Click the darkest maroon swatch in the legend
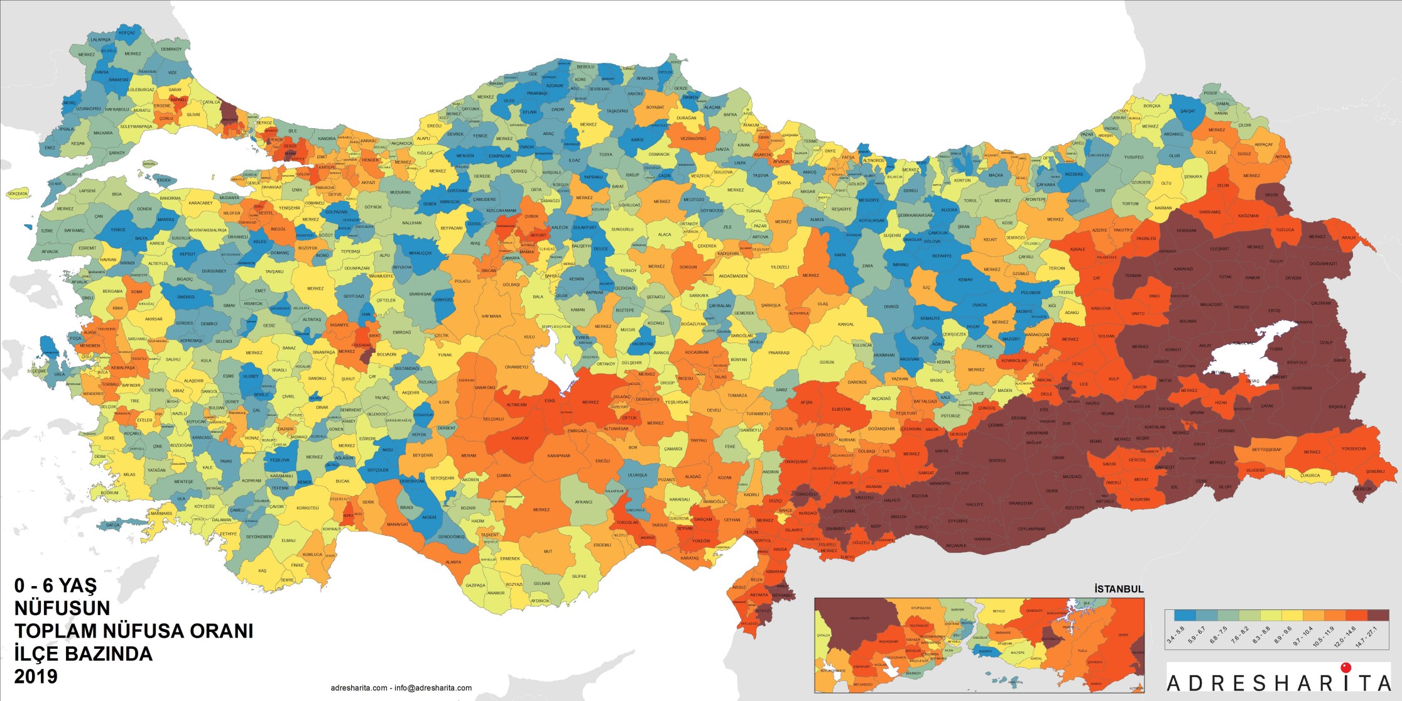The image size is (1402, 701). tap(1378, 615)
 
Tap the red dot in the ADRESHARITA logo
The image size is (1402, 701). tap(1345, 668)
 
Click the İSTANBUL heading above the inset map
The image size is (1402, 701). tap(1119, 589)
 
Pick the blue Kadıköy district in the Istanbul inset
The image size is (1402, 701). tap(985, 651)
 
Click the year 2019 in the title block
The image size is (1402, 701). tap(36, 677)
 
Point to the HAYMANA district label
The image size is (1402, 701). tap(491, 317)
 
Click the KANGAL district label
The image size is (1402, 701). tap(846, 324)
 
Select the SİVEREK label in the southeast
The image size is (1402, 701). tap(997, 460)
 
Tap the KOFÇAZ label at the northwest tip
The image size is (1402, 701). tap(127, 33)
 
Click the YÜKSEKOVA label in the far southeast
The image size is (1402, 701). tap(1354, 448)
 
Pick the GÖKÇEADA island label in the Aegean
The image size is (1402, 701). tap(18, 194)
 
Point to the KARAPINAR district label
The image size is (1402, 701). tap(558, 455)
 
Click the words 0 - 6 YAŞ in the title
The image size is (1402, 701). tap(56, 585)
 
